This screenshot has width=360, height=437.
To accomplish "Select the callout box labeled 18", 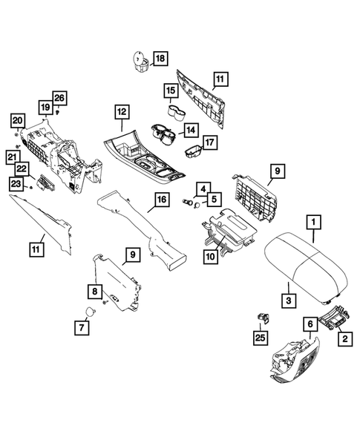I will (x=161, y=57).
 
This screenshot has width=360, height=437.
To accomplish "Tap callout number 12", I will (x=120, y=111).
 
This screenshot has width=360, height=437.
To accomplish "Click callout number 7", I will (x=79, y=326).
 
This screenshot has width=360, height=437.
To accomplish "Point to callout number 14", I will (x=191, y=131).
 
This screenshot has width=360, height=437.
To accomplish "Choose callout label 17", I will (x=210, y=142).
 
